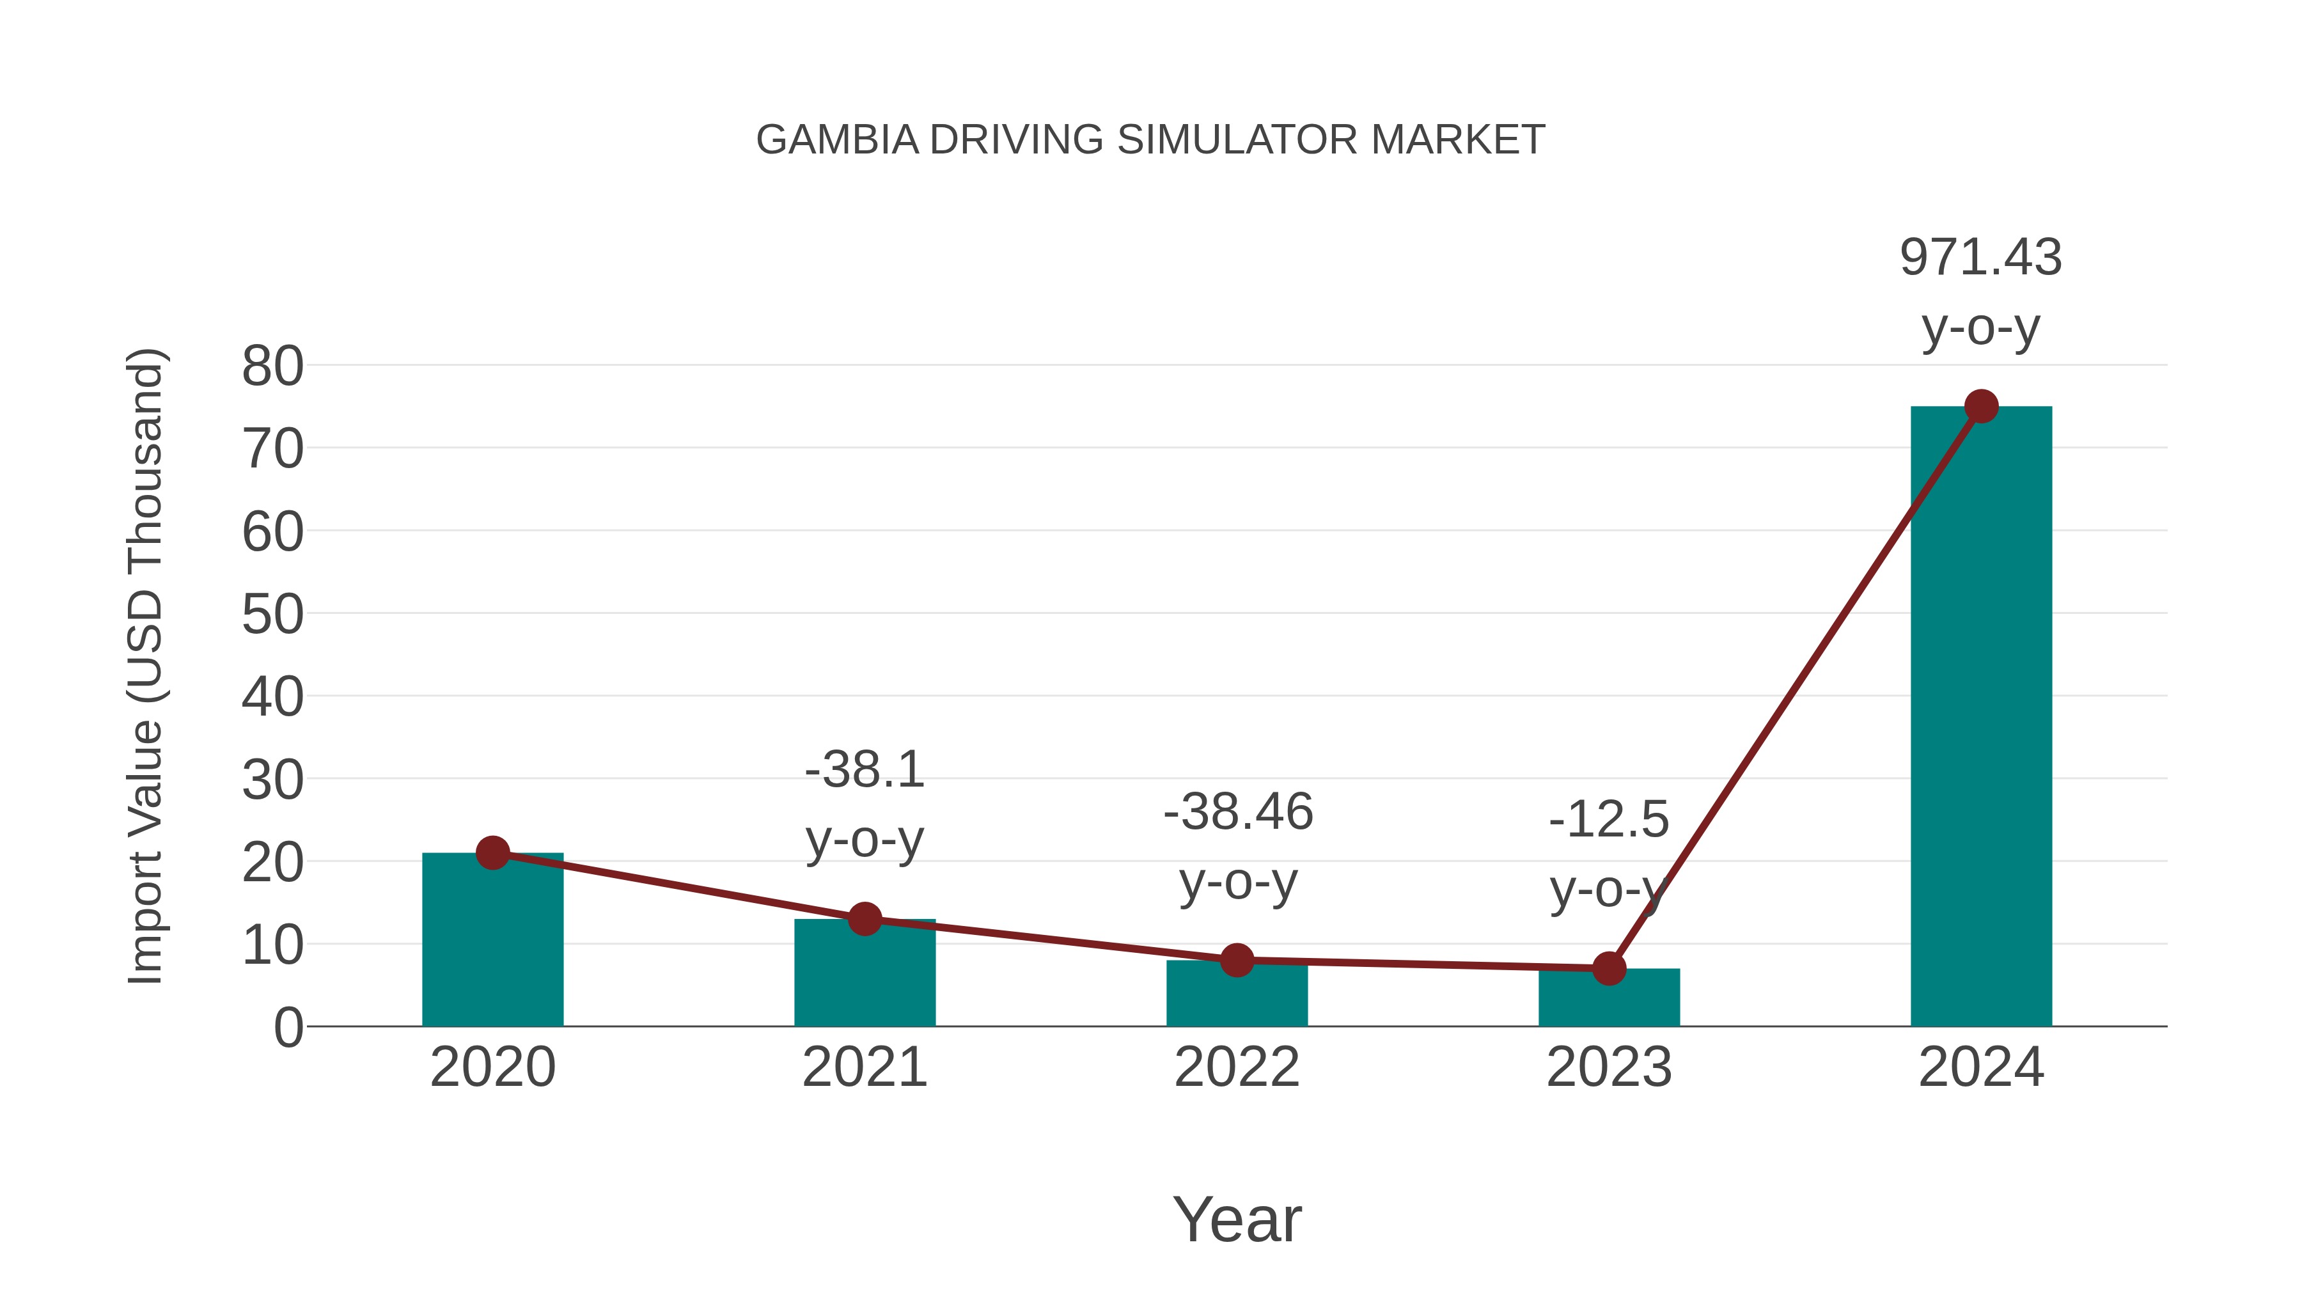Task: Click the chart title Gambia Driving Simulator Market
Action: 1150,139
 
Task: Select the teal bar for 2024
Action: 1980,715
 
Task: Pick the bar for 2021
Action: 864,974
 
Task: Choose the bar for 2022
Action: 1236,994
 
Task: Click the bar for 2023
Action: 1609,998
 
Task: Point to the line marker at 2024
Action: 1980,407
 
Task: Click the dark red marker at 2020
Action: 492,852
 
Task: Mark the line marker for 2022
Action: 1236,960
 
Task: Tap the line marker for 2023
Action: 1609,968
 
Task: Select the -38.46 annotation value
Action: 1238,812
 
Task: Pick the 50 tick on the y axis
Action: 272,614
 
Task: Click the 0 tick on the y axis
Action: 288,1027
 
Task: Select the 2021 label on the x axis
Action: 864,1067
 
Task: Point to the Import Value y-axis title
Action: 145,666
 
